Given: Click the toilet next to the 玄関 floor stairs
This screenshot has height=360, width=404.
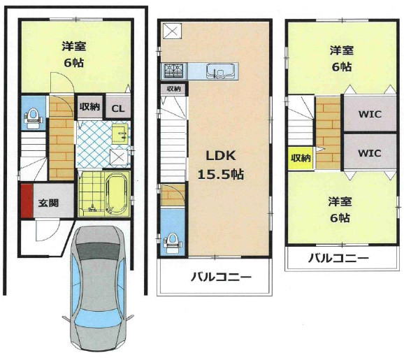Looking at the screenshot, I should pos(32,117).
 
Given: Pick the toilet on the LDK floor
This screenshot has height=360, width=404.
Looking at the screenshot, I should pos(171,241).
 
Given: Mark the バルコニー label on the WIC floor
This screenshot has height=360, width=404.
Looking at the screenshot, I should pos(339,258).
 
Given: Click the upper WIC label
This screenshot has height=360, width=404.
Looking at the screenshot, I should pos(369,114).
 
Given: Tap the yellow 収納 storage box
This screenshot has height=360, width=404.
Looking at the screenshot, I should pos(301,159).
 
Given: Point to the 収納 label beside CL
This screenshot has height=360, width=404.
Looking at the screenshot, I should pos(89,108).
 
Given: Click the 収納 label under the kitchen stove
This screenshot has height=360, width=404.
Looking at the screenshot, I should pos(173,89).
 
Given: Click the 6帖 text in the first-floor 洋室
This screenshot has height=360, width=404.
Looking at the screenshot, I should pos(74,62).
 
